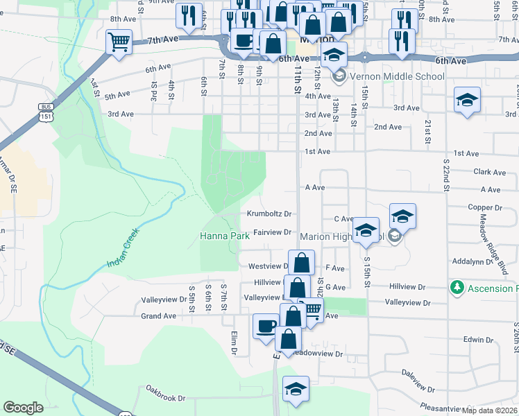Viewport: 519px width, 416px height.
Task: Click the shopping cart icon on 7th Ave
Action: [119, 42]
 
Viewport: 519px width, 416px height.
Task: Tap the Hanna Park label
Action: [224, 236]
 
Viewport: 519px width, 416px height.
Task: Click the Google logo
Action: [24, 408]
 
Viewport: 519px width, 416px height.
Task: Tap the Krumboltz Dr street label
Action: [269, 214]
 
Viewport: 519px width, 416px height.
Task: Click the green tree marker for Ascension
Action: [457, 287]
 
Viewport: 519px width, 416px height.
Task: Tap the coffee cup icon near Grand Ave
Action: [265, 326]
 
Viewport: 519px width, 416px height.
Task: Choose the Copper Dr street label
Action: [484, 207]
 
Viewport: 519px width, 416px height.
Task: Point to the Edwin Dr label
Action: [478, 340]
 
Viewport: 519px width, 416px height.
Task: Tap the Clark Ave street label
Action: [489, 172]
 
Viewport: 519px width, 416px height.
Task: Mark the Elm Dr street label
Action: [235, 341]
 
